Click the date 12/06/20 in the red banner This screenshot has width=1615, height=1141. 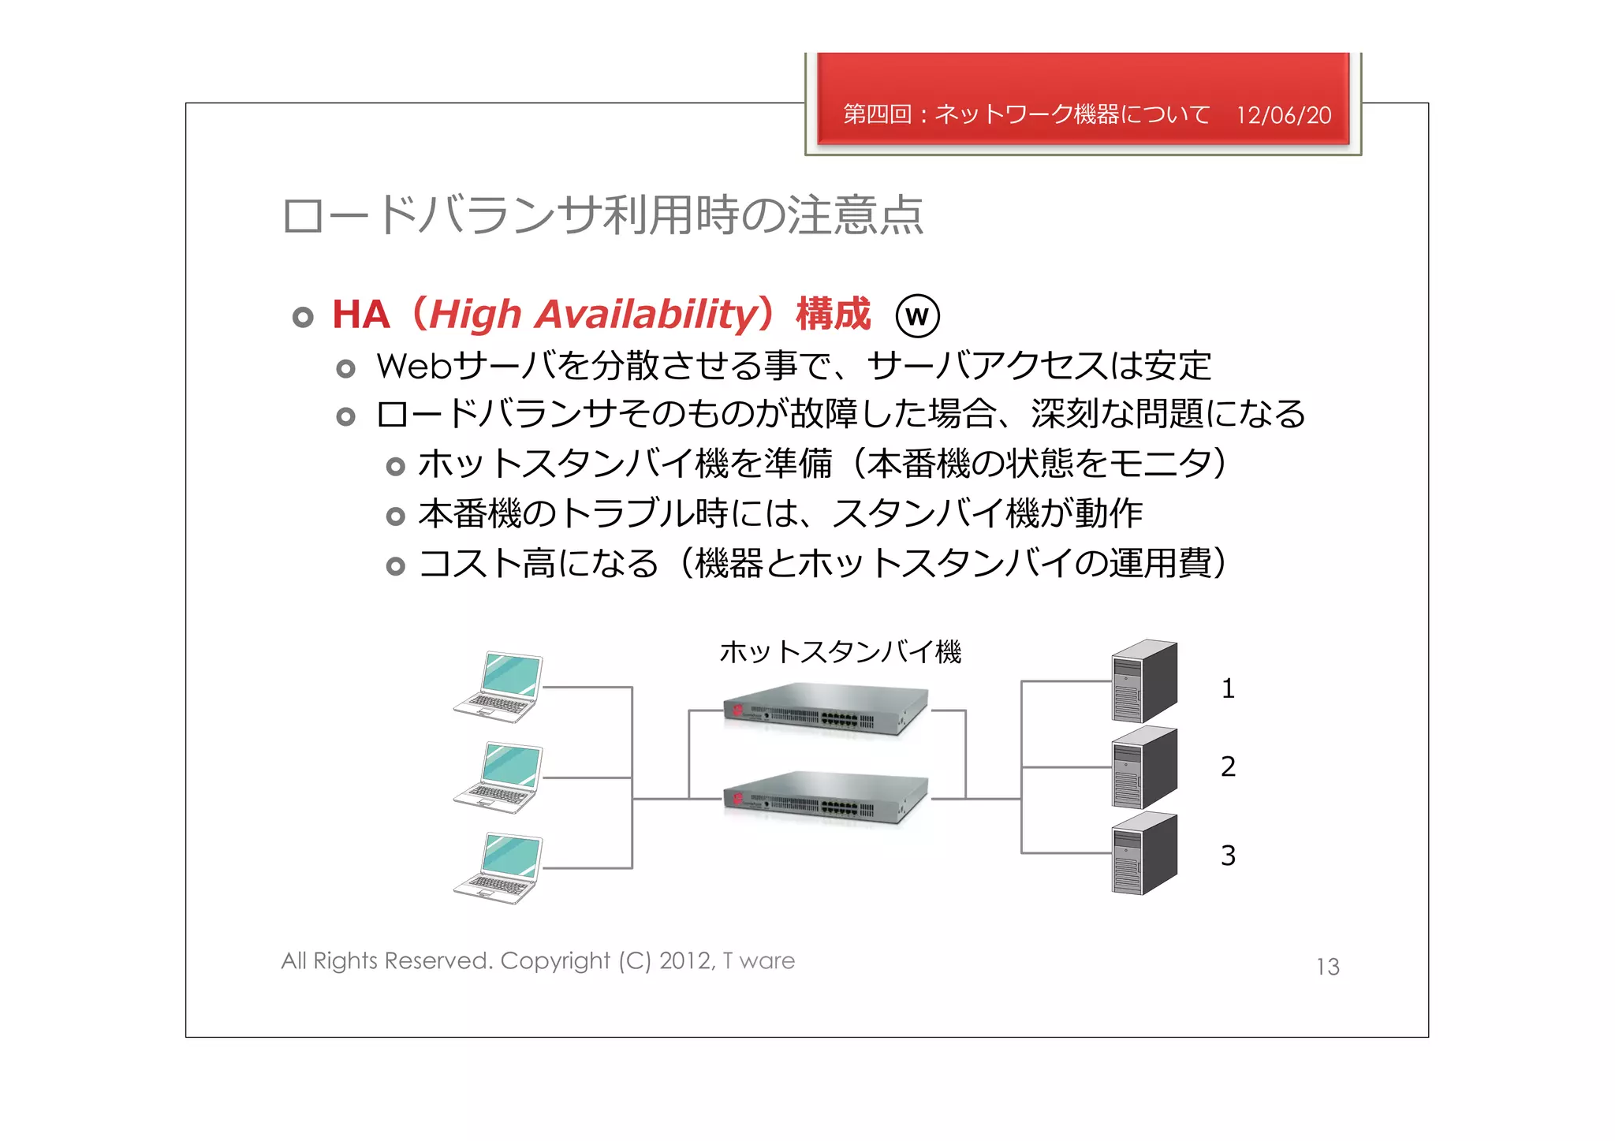pos(1283,115)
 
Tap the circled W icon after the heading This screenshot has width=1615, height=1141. pos(917,316)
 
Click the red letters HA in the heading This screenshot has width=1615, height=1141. pos(361,315)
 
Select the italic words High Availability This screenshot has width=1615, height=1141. pos(593,315)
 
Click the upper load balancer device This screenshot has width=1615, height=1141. pos(826,710)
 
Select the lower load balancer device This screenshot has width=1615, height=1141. pos(826,798)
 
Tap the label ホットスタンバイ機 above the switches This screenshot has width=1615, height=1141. pos(840,652)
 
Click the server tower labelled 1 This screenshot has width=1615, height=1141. pos(1143,681)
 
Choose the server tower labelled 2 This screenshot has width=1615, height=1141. pos(1143,768)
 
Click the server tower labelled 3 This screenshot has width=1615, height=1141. pos(1143,854)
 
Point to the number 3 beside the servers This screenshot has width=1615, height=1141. pos(1228,856)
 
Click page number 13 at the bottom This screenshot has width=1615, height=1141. pos(1328,967)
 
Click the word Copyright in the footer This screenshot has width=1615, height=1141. pos(555,961)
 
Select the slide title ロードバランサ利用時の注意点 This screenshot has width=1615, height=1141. pos(603,216)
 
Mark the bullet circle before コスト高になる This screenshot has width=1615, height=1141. pos(396,566)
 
